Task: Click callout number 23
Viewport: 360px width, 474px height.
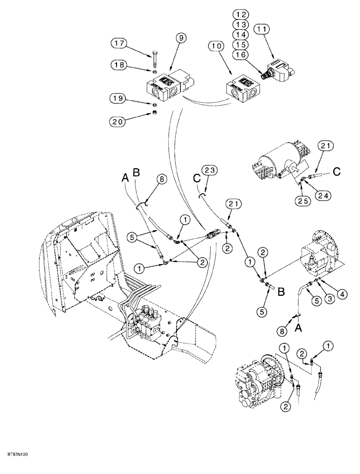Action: point(209,169)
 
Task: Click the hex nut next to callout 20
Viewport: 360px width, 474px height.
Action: point(155,113)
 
